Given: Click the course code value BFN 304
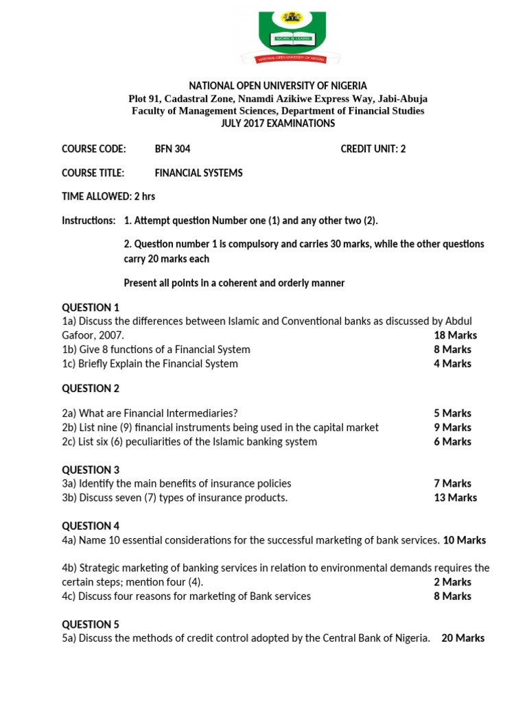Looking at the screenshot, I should pos(172,149).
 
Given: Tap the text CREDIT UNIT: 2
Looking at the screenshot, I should pos(373,149).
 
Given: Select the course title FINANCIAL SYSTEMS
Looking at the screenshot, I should pos(198,173).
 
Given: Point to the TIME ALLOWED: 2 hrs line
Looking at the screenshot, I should pos(108,196).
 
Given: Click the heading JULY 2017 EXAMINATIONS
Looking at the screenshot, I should pos(278,123).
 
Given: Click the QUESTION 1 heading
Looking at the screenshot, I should pos(91,307).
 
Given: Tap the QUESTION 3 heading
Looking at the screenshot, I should pos(91,470).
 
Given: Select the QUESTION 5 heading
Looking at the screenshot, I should pos(91,624).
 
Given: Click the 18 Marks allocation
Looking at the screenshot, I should pos(455,335).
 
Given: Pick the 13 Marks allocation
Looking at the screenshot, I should pos(455,498).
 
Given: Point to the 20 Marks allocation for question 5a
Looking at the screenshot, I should pos(462,638).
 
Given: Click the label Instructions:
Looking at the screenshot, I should pos(89,220).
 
